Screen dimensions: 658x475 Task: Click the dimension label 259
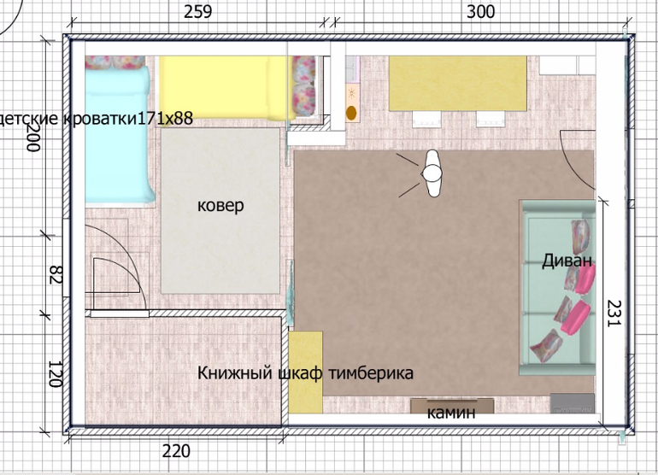click(198, 11)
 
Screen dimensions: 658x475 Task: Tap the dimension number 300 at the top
click(481, 12)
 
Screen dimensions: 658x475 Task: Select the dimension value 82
click(56, 274)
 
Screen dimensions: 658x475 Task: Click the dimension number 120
click(56, 373)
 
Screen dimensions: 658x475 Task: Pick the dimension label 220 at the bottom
click(176, 451)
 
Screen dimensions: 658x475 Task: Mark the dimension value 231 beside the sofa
click(614, 313)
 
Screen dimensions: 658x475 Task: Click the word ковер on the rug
click(220, 206)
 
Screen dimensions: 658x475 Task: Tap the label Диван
click(567, 261)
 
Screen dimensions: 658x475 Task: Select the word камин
click(451, 413)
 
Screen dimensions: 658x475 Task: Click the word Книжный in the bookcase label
click(235, 372)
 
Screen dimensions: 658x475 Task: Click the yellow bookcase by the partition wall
click(306, 372)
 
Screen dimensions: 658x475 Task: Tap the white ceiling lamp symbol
click(432, 173)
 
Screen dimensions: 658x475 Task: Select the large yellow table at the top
click(457, 84)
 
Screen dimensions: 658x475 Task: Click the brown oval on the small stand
click(351, 113)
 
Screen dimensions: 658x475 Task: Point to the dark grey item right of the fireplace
click(573, 403)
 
